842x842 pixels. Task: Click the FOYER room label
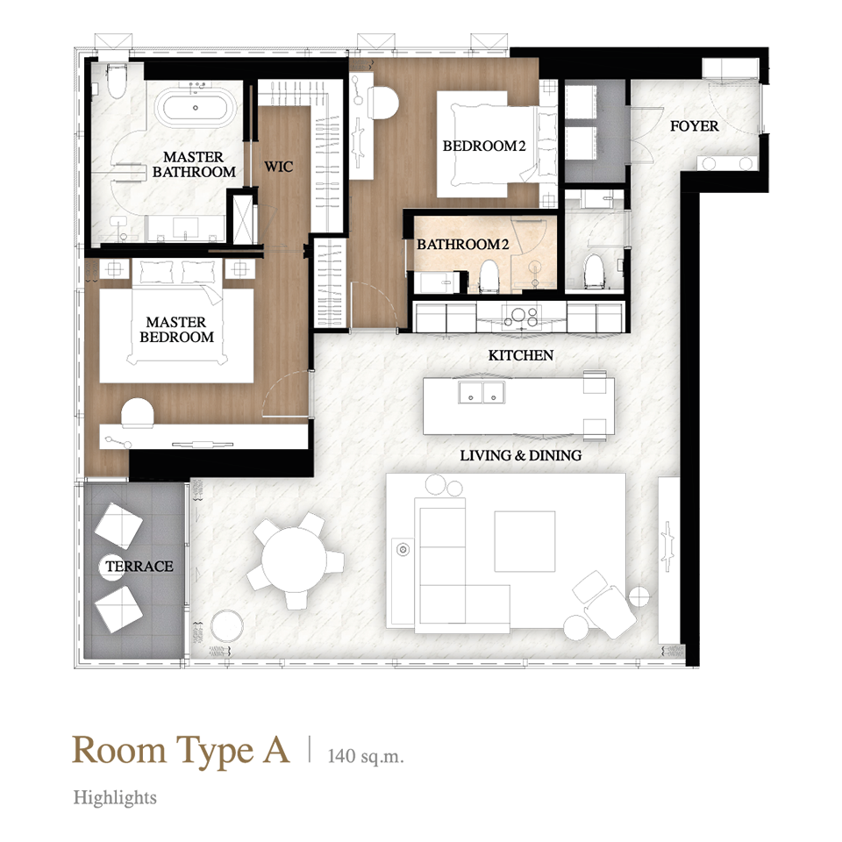tap(694, 126)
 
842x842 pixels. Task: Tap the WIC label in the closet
tap(278, 167)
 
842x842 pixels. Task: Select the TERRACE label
tap(139, 567)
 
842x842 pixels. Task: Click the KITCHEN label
tap(520, 355)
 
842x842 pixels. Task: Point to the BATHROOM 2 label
tap(462, 245)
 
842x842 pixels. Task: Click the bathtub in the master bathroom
tap(196, 107)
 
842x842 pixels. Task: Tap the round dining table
tap(294, 560)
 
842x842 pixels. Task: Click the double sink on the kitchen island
tap(482, 392)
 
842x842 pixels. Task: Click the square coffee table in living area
tap(524, 541)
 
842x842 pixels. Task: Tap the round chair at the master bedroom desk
tap(137, 412)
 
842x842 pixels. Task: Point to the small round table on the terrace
tap(112, 567)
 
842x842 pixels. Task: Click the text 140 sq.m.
tap(365, 756)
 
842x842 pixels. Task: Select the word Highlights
tap(115, 797)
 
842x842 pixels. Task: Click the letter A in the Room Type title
tap(276, 750)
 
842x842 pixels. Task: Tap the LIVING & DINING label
tap(520, 455)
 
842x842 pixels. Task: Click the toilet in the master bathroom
tap(117, 81)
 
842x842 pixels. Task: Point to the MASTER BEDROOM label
tap(176, 329)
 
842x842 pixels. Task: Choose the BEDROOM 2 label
tap(484, 146)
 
